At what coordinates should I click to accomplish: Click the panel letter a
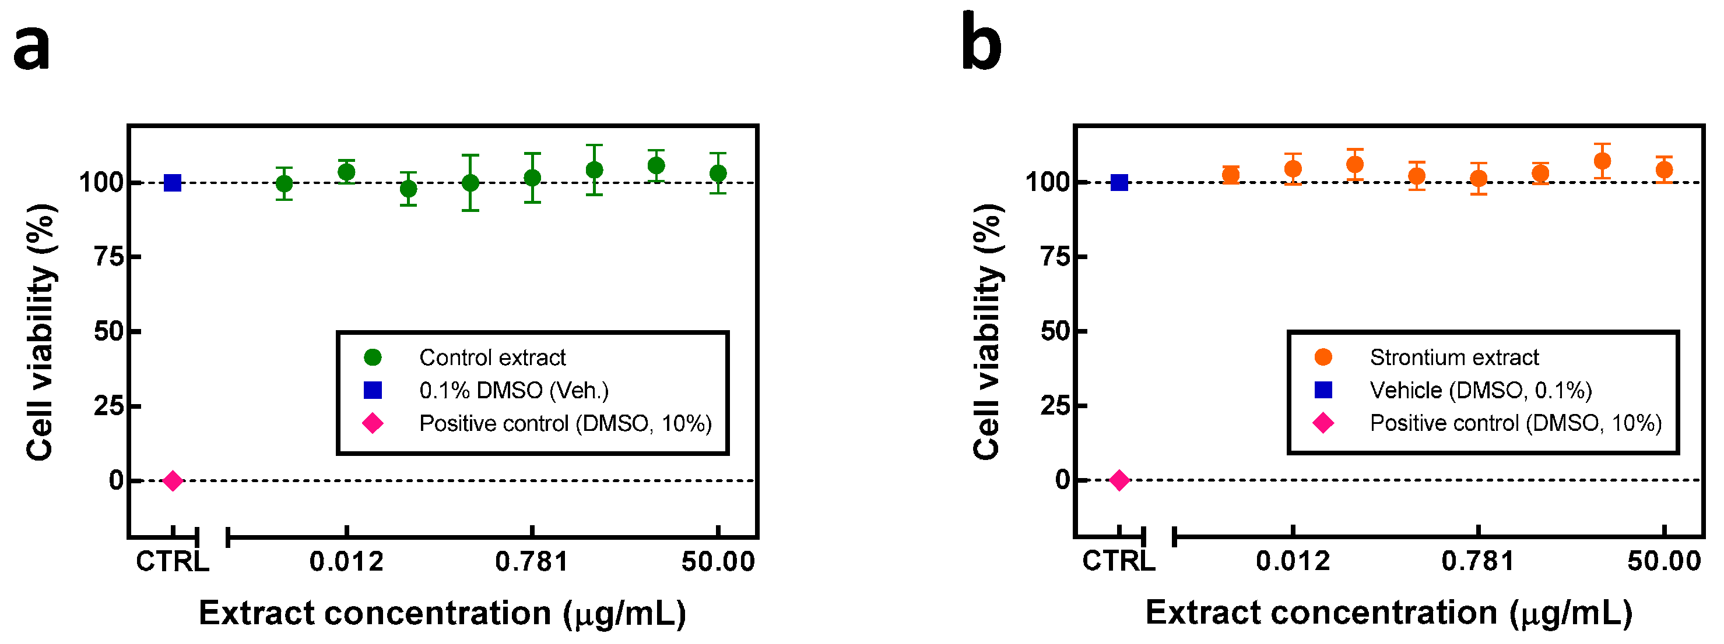[31, 48]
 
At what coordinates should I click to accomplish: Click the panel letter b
[981, 42]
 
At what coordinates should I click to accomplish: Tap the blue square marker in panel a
[173, 183]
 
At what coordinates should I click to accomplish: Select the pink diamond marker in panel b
[1119, 480]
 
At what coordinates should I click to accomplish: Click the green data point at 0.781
[532, 178]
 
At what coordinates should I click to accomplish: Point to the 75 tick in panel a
[108, 256]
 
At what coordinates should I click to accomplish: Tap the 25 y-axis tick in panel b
[1055, 405]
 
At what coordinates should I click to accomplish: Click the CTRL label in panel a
[173, 562]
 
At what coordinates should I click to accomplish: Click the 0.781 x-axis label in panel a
[532, 562]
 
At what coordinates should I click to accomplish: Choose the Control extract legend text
[492, 358]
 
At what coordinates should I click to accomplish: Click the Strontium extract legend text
[1453, 358]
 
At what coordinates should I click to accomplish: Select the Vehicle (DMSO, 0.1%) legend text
[1480, 391]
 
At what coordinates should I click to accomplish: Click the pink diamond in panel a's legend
[373, 423]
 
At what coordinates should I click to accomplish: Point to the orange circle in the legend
[1323, 357]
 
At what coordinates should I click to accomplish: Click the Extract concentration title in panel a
[443, 613]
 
